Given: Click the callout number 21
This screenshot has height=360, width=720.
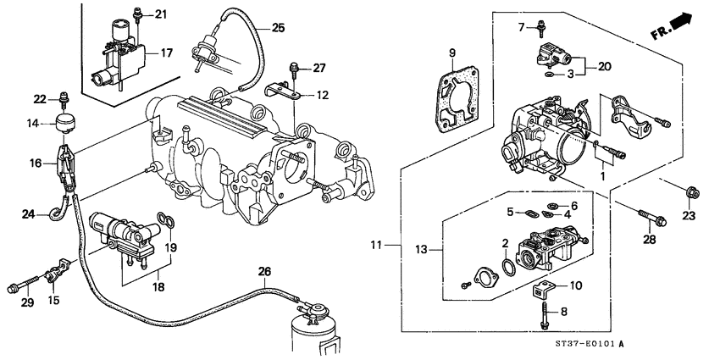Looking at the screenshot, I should pyautogui.click(x=161, y=14).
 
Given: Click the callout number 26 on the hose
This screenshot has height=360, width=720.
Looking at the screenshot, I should pyautogui.click(x=265, y=272).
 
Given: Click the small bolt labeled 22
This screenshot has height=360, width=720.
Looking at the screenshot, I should pyautogui.click(x=63, y=99).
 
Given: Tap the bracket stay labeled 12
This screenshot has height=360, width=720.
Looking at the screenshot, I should pyautogui.click(x=285, y=91).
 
